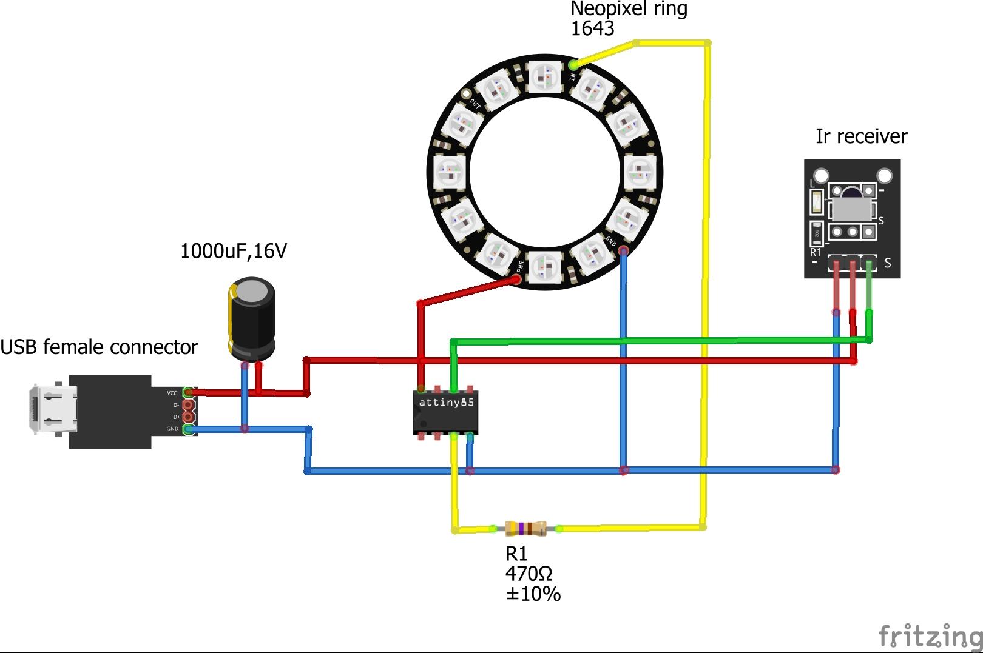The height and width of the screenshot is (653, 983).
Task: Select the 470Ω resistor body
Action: coord(525,529)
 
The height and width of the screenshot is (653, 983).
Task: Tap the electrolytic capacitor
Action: coord(251,318)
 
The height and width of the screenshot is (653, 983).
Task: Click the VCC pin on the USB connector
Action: coord(188,393)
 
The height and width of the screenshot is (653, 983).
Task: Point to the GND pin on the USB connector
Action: coord(188,429)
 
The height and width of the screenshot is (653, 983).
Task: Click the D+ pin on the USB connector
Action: coord(188,417)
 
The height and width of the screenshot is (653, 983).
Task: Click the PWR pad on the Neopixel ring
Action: coord(516,279)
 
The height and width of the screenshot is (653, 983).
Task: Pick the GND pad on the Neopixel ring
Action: coord(623,250)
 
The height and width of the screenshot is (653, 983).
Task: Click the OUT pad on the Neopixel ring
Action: coord(466,95)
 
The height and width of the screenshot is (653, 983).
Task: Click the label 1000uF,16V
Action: coord(234,251)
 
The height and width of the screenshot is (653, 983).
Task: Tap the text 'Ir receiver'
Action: coord(861,136)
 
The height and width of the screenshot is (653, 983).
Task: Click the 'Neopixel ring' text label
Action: coord(629,9)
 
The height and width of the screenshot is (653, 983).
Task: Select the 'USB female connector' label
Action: coord(99,347)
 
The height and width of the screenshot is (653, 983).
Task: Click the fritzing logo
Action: coord(930,636)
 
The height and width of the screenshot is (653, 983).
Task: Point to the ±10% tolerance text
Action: coord(533,594)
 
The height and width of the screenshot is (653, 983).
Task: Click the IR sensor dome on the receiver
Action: coord(850,194)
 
